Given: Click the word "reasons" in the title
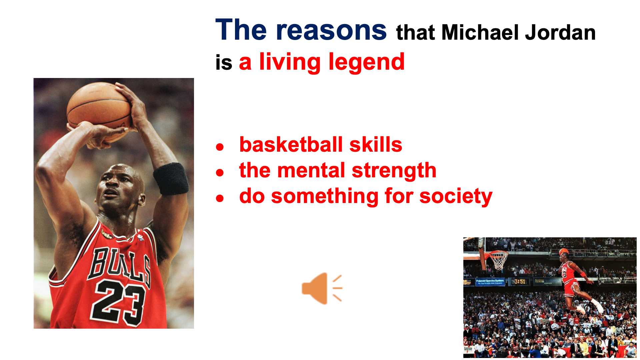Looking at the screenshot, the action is [331, 30].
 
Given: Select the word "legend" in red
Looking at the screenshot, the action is [366, 62].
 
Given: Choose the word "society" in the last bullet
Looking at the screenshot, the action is [456, 196].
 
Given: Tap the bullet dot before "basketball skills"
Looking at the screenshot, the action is [219, 147].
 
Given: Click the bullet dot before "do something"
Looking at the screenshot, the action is [219, 198].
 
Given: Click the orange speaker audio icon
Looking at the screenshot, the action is [322, 288].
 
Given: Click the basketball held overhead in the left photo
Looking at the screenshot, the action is [99, 108].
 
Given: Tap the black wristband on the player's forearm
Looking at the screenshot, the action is [171, 179].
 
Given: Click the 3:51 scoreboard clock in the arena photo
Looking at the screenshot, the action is [519, 282].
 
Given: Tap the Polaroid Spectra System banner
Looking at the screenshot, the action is [490, 282].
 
